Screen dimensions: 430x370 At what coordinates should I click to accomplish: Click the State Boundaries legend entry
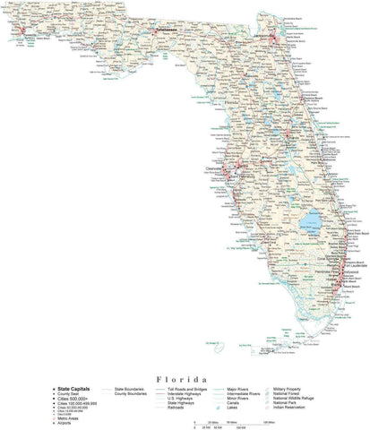[x=130, y=391]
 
